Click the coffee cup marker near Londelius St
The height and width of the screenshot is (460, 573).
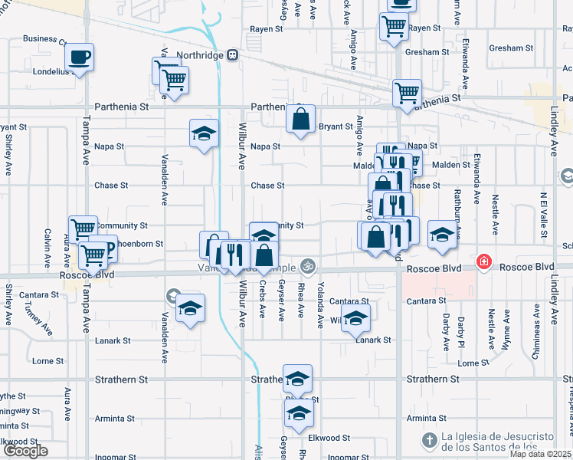pos(79,56)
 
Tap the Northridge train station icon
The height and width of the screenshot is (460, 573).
pos(231,55)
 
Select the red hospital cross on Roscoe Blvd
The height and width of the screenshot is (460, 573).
pos(483,262)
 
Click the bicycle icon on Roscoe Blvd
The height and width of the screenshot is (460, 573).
pos(308,267)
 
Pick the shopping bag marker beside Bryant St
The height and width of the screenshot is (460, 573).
pos(300,119)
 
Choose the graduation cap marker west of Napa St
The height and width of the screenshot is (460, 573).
pos(205,134)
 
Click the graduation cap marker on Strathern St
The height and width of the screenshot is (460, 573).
pos(298,379)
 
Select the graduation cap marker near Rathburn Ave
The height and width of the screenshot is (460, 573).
pos(442,235)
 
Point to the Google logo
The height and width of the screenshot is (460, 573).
pos(25,451)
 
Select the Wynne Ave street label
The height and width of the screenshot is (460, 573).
pos(506,327)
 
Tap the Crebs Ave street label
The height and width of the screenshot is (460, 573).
pos(262,300)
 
